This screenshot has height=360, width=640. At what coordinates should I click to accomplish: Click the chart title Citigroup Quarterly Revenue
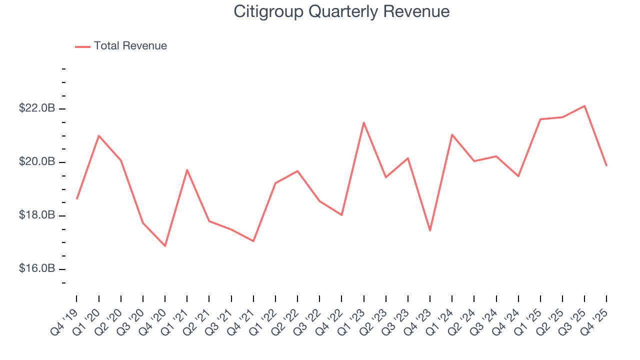point(341,11)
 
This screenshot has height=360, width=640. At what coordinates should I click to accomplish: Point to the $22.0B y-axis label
point(37,108)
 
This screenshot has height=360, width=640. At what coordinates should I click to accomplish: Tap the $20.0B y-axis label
point(37,162)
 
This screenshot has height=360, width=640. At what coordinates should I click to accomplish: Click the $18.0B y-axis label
point(37,215)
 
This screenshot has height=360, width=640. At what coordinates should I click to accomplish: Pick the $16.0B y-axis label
point(37,269)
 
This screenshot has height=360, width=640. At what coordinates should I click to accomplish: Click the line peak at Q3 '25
point(584,106)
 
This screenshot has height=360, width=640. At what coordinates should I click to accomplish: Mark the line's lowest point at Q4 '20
point(165,246)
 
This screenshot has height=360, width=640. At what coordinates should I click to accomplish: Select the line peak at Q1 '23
point(363,122)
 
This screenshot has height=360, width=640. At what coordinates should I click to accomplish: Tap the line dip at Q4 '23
point(430,230)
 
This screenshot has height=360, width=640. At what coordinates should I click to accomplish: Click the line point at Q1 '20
point(98,135)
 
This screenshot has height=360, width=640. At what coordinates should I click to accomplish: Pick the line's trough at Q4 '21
point(253,241)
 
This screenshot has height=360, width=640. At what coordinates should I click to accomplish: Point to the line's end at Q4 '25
point(606,165)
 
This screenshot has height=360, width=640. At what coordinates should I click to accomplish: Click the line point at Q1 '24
point(452,134)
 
